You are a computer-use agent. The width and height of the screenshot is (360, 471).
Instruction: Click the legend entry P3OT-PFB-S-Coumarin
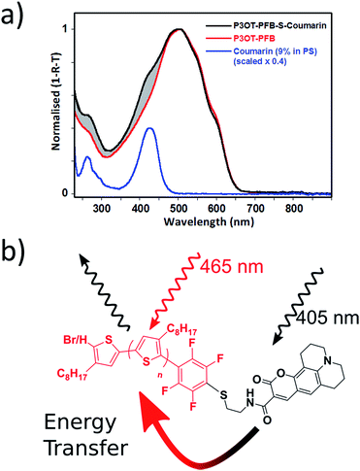(x=279, y=25)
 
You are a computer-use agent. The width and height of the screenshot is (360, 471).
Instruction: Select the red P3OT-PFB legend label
(x=254, y=39)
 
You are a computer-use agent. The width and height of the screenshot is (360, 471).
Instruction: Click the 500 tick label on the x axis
(x=179, y=208)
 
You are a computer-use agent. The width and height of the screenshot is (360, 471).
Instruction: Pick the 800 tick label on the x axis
(x=293, y=208)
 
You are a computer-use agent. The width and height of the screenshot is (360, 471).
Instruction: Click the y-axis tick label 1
(x=66, y=29)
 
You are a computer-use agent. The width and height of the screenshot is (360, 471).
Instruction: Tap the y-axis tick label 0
(x=66, y=193)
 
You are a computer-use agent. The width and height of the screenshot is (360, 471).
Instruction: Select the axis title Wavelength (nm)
(x=209, y=221)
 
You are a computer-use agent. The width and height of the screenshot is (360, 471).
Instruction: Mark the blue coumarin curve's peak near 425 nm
(x=149, y=128)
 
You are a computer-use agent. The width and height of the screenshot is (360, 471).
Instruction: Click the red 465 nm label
(x=231, y=267)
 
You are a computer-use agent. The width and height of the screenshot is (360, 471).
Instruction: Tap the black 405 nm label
(x=327, y=319)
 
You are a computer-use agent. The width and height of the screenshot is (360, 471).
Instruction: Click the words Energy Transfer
(x=86, y=435)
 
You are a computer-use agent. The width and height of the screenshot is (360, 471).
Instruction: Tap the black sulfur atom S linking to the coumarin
(x=224, y=395)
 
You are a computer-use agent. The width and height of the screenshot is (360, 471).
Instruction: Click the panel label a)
(x=13, y=17)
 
